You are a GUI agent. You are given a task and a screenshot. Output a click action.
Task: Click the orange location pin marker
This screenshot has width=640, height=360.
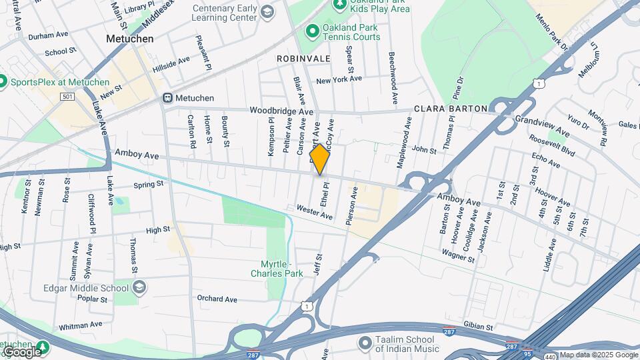pyautogui.click(x=320, y=159)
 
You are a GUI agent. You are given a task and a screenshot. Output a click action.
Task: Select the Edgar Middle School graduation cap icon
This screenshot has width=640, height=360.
pyautogui.click(x=139, y=288)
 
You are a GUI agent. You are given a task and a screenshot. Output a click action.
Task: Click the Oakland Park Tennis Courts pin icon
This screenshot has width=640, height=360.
pyautogui.click(x=311, y=31)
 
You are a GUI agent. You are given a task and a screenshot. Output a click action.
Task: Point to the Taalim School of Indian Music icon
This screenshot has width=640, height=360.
pyautogui.click(x=364, y=343)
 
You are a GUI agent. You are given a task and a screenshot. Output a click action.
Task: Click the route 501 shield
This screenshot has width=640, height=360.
pyautogui.click(x=67, y=97)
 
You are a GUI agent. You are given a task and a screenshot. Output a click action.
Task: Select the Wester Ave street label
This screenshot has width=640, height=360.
pyautogui.click(x=314, y=212)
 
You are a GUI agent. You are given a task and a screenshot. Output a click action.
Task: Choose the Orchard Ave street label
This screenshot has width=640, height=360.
pyautogui.click(x=217, y=299)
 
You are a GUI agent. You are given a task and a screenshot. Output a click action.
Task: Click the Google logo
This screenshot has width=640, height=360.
pyautogui.click(x=21, y=351)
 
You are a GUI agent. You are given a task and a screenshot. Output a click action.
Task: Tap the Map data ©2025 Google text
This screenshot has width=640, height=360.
pyautogui.click(x=598, y=355)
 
